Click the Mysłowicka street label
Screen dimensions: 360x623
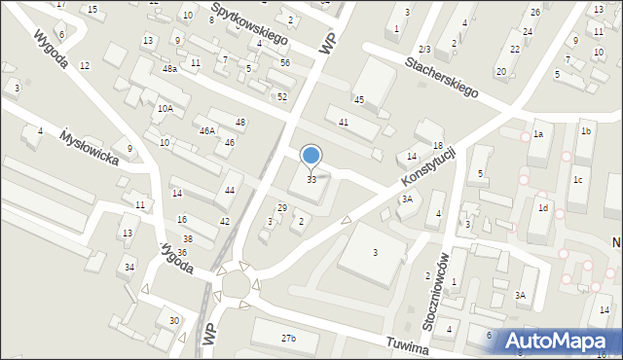tap(90, 148)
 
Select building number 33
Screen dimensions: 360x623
tap(311, 180)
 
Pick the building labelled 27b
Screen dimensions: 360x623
tap(288, 339)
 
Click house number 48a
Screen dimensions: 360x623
tap(169, 69)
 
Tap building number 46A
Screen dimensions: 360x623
tap(207, 130)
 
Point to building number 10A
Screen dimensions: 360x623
tap(165, 109)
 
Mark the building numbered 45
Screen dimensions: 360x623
tap(359, 100)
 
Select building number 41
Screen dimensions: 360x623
tap(344, 122)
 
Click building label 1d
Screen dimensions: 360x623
tap(544, 208)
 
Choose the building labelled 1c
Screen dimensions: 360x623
tap(577, 180)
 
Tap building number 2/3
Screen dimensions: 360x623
tap(423, 49)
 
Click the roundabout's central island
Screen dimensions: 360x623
tap(238, 283)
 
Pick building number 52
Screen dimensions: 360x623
tap(281, 96)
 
